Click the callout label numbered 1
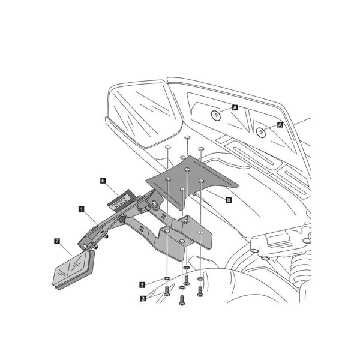(81, 209)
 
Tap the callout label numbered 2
(143, 298)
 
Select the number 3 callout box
(142, 284)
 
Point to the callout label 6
(103, 181)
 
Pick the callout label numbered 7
(57, 241)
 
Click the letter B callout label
(229, 200)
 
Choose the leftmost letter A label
(235, 107)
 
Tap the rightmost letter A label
(280, 125)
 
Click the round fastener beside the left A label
(216, 115)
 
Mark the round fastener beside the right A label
(261, 132)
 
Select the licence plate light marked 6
(122, 200)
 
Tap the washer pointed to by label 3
(167, 279)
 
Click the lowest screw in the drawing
(182, 301)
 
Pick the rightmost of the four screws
(200, 292)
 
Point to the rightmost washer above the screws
(200, 279)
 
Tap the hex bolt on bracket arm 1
(122, 218)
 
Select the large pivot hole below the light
(154, 203)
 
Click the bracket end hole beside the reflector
(85, 246)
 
